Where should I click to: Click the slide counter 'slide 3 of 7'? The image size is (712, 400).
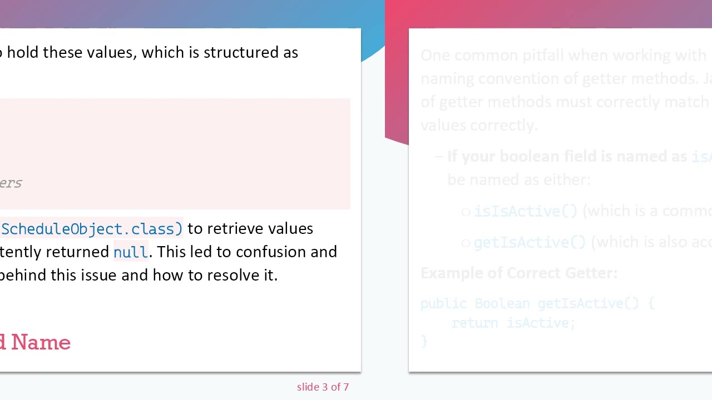(323, 387)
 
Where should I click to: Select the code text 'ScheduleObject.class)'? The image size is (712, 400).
(92, 229)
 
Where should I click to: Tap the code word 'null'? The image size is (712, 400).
(130, 252)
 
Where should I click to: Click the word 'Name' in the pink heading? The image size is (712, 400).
(41, 342)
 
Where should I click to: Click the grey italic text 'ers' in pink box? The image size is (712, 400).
(11, 183)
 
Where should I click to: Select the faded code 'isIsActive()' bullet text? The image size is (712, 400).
(526, 211)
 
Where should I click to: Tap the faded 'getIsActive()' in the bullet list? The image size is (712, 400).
(530, 242)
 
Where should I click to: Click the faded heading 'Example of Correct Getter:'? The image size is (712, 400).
(518, 273)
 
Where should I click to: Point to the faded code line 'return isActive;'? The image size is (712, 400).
(513, 323)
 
